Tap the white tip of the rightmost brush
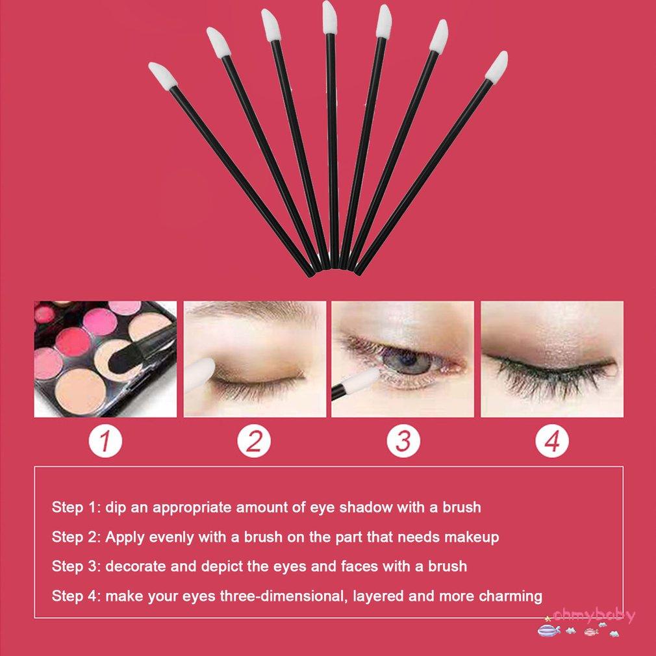tap(496, 66)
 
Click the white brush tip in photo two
tap(203, 374)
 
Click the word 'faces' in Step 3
tap(357, 566)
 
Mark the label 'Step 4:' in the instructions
tap(76, 596)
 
